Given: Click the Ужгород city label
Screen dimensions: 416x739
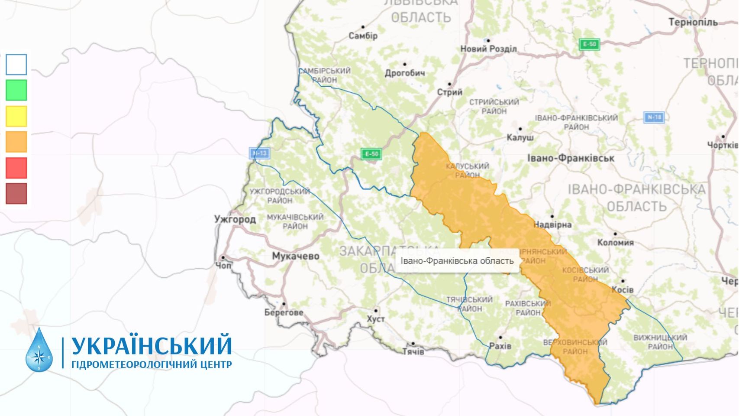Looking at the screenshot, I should pyautogui.click(x=235, y=219).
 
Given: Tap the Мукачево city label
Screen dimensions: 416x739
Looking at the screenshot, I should pyautogui.click(x=295, y=256).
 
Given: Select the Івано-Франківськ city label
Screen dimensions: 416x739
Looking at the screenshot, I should pyautogui.click(x=571, y=158).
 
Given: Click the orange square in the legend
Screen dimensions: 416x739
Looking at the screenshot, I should pyautogui.click(x=16, y=142).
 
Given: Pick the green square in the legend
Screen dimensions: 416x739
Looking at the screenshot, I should pyautogui.click(x=16, y=90).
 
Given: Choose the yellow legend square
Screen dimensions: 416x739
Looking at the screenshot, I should pyautogui.click(x=16, y=116).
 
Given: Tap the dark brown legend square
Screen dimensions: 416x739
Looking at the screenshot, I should pyautogui.click(x=16, y=194).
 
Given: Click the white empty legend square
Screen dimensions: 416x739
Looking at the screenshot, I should pyautogui.click(x=16, y=65).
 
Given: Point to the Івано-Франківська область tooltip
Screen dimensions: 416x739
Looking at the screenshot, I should pyautogui.click(x=457, y=261).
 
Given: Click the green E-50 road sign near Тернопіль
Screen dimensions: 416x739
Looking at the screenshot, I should pyautogui.click(x=589, y=44).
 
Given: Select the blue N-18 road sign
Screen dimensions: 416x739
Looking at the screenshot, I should pyautogui.click(x=654, y=117).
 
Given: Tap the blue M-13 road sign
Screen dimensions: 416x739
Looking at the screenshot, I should pyautogui.click(x=259, y=153).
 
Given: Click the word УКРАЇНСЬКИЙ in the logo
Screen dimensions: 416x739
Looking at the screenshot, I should pyautogui.click(x=152, y=345).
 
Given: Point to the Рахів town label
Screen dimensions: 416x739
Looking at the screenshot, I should pyautogui.click(x=500, y=346).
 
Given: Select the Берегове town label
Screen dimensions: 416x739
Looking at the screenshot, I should pyautogui.click(x=284, y=312).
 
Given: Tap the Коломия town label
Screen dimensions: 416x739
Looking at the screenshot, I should pyautogui.click(x=615, y=242).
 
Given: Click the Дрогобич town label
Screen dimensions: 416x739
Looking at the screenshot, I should pyautogui.click(x=405, y=73).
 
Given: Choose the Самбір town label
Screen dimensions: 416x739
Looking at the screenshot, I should pyautogui.click(x=363, y=36).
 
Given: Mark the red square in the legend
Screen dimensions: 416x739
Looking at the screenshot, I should pyautogui.click(x=16, y=168).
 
